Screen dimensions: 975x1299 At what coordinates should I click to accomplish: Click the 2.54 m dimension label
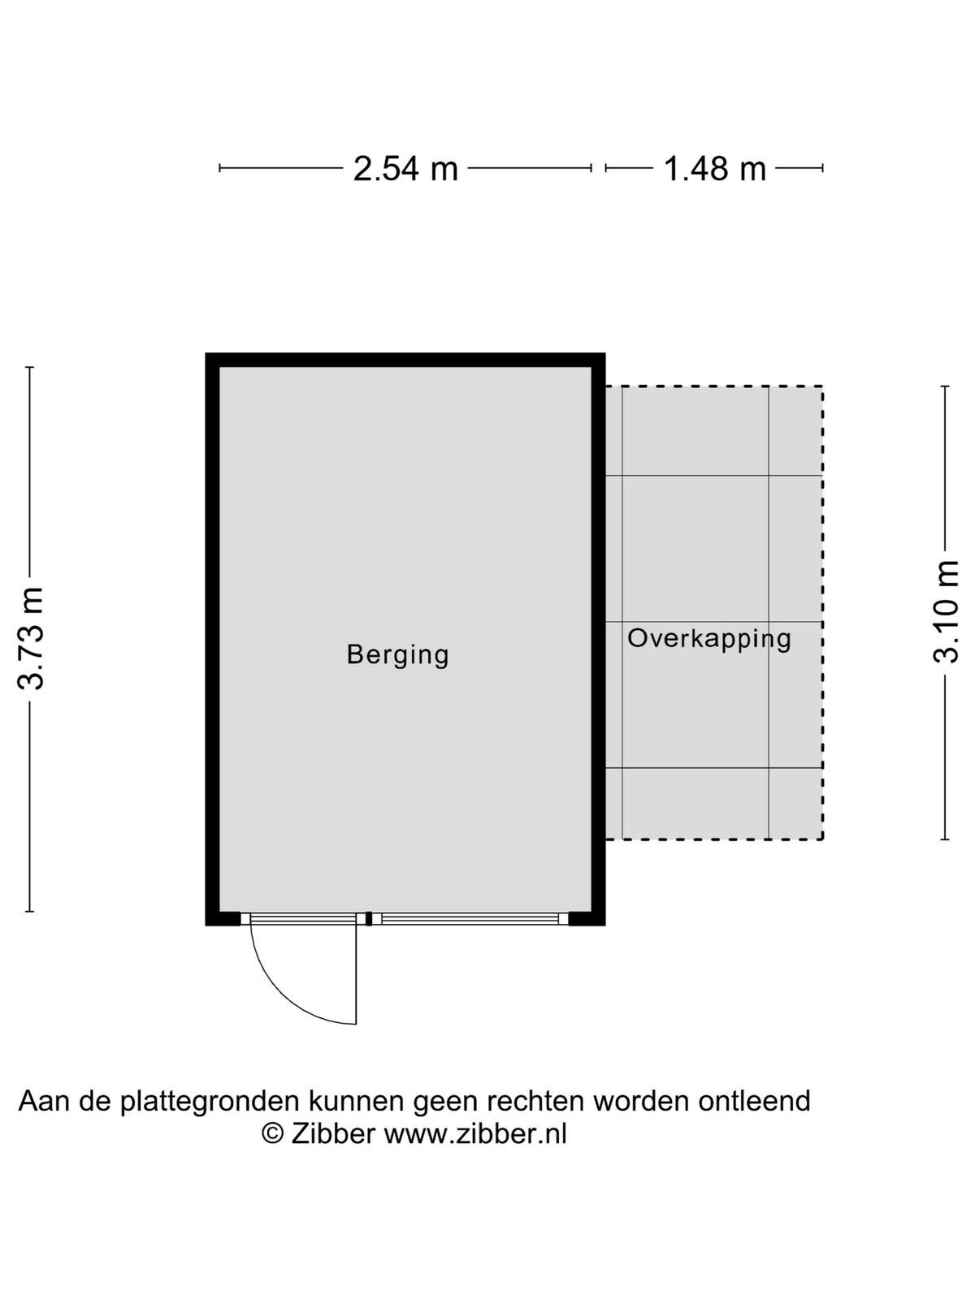(x=405, y=169)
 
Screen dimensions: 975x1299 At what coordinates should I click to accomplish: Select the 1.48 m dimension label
(x=714, y=169)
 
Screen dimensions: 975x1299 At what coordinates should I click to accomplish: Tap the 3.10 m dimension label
(x=946, y=611)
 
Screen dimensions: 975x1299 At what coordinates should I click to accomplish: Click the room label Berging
(x=398, y=655)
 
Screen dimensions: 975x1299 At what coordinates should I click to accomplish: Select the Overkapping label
(x=709, y=639)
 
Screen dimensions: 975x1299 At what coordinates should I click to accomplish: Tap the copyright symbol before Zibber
(x=273, y=1134)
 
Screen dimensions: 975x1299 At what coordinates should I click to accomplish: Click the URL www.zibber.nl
(x=475, y=1134)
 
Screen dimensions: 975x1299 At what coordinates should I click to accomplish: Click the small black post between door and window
(x=369, y=919)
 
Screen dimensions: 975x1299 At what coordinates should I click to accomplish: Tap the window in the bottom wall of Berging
(x=470, y=919)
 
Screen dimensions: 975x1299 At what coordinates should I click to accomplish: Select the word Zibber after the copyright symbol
(x=333, y=1134)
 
